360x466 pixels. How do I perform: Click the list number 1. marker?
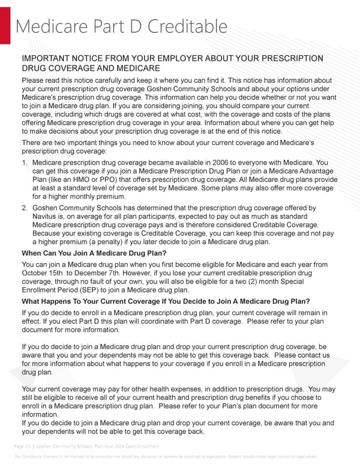coord(25,163)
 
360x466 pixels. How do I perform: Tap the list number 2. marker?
coord(25,208)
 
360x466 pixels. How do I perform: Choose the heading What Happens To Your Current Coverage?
coord(166,301)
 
